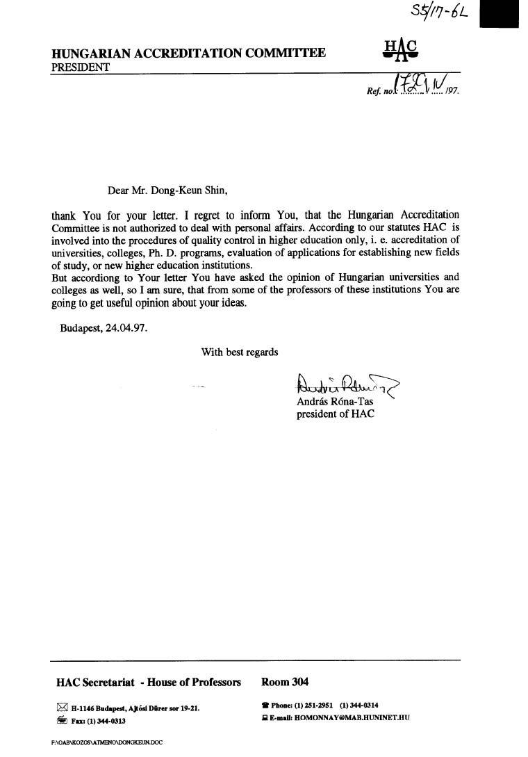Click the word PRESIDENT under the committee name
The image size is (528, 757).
[80, 67]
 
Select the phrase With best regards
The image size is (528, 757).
[240, 352]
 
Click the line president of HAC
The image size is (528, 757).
[336, 414]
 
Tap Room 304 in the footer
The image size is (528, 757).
[285, 682]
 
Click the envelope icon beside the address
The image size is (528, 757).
[62, 708]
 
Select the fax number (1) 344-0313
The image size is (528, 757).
[106, 721]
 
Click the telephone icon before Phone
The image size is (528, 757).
[265, 706]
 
